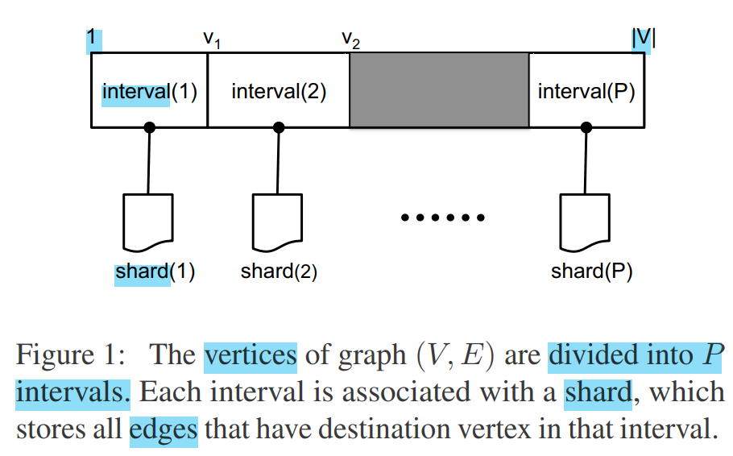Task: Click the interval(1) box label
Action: point(149,91)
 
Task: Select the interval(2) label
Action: point(279,91)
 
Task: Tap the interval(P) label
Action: point(586,91)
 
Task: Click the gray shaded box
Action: point(439,89)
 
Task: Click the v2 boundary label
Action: point(350,39)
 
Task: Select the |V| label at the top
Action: point(643,38)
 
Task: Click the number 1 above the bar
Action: point(93,38)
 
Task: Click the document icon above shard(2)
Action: point(277,222)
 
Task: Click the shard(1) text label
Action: point(155,272)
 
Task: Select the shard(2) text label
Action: point(279,272)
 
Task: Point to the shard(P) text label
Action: point(591,272)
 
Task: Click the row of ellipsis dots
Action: point(442,218)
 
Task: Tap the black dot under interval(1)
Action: point(149,127)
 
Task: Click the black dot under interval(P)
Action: point(586,127)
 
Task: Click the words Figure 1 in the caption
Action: point(68,355)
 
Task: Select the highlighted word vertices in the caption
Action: point(251,355)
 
